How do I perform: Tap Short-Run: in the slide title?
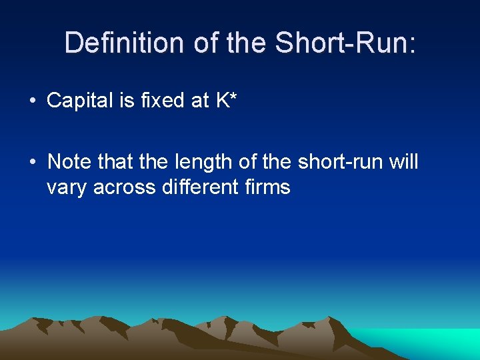[345, 43]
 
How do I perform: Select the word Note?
[69, 161]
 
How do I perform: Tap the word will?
[403, 161]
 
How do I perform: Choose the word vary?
[67, 188]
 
